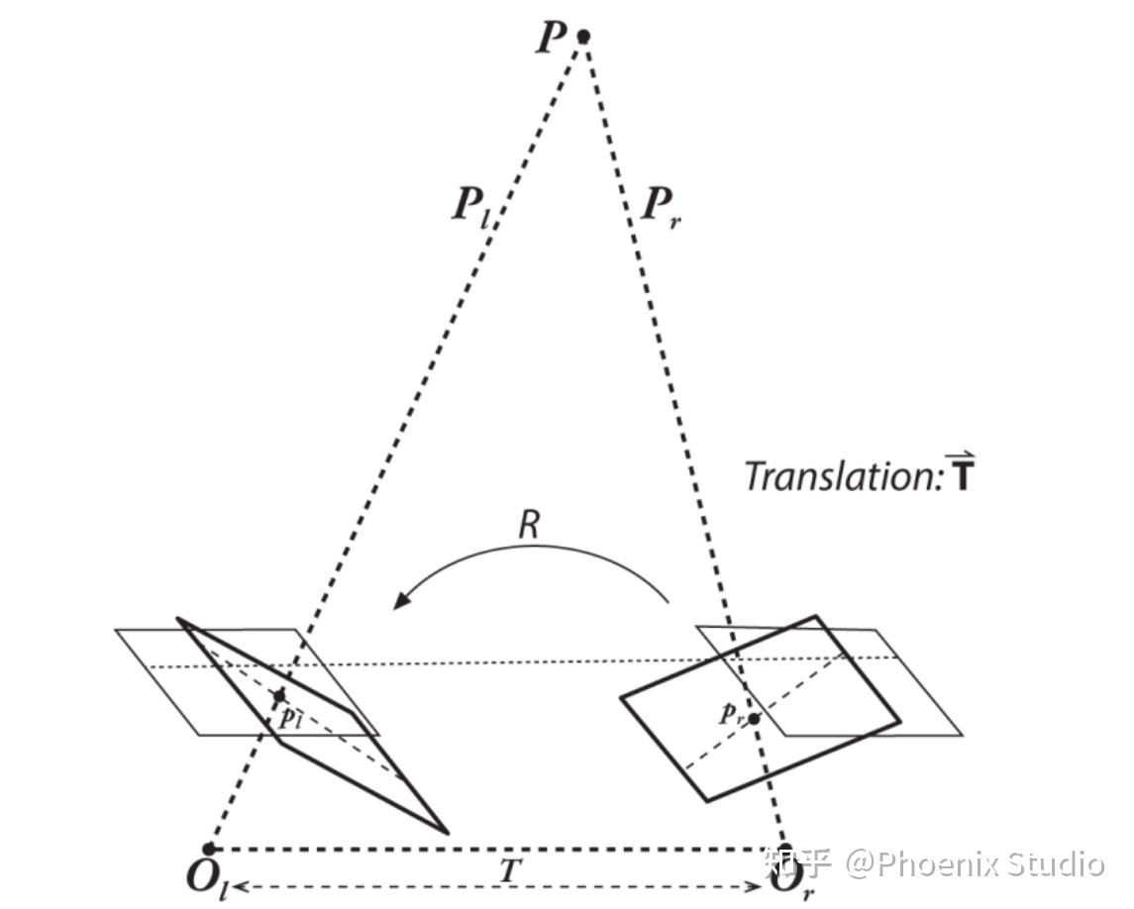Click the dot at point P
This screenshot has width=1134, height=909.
(583, 36)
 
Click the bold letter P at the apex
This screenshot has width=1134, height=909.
(551, 37)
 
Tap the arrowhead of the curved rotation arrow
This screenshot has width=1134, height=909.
(401, 599)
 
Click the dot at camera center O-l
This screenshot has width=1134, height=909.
(209, 849)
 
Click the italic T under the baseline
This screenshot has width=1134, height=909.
(510, 870)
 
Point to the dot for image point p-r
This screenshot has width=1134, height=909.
(754, 719)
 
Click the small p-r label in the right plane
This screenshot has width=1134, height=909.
(731, 715)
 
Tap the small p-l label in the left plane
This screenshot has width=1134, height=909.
(290, 718)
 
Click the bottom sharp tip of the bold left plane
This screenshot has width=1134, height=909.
(448, 833)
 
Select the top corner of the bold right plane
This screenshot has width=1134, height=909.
(816, 616)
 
